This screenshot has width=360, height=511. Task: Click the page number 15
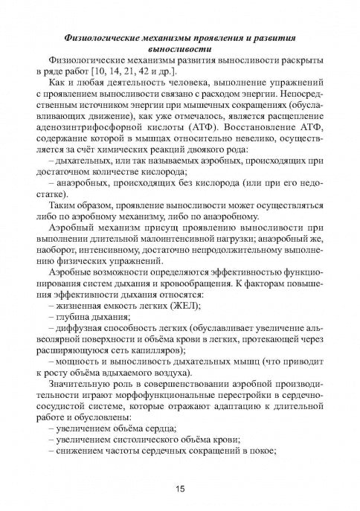180,488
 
